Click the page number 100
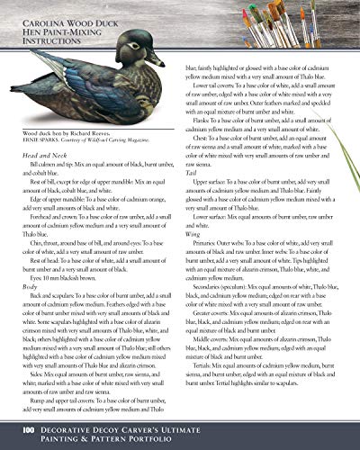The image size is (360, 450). click(x=28, y=432)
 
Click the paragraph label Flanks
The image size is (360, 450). click(x=202, y=119)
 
